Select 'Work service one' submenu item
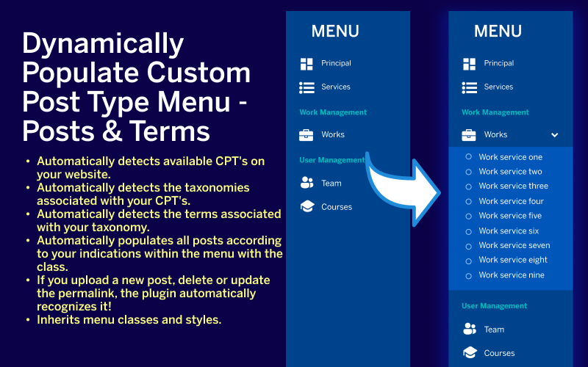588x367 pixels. [510, 157]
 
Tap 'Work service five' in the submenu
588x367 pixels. [510, 216]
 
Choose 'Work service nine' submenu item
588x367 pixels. [512, 275]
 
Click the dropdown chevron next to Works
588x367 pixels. [555, 135]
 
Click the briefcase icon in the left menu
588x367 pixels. [306, 135]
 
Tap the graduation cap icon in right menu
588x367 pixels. [469, 353]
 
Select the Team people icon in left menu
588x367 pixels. [306, 183]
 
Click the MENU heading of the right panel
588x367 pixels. [498, 32]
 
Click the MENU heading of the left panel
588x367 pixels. [335, 32]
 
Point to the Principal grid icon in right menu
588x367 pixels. [469, 64]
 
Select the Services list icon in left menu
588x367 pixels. [306, 87]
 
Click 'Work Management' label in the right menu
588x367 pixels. [495, 112]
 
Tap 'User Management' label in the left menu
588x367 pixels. [331, 160]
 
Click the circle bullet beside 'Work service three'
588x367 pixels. [469, 186]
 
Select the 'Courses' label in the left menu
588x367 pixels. [337, 207]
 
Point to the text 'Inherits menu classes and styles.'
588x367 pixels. [129, 320]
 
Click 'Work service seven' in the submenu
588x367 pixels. [514, 246]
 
